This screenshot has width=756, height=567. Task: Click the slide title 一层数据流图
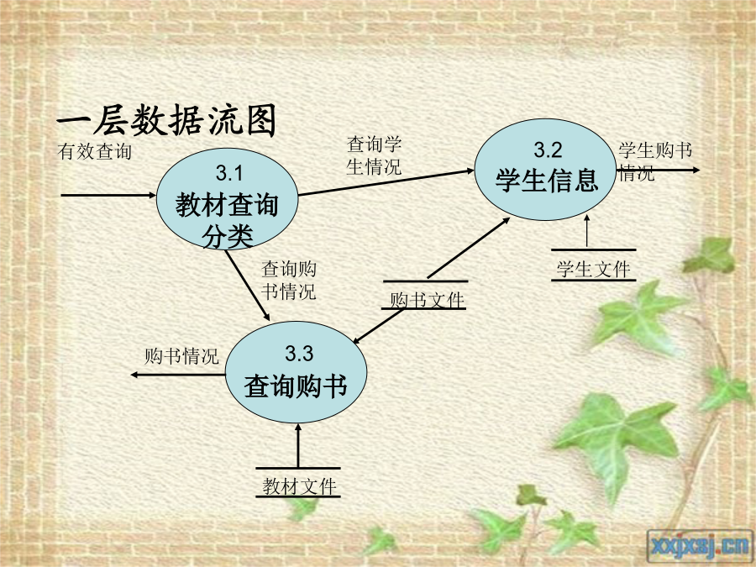click(167, 120)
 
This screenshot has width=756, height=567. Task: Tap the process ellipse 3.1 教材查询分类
click(227, 198)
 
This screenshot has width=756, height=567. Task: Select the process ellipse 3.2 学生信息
click(545, 170)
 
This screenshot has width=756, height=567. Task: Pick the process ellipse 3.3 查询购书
click(296, 372)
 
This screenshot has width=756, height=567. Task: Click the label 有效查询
click(94, 151)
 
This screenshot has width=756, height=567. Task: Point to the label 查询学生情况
click(374, 155)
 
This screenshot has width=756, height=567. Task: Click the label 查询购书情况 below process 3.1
click(289, 280)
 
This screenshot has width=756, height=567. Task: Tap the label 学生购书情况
click(655, 160)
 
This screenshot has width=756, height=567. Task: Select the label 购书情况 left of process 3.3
click(181, 356)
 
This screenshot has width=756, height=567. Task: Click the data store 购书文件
click(425, 295)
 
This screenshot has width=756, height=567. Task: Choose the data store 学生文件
click(594, 265)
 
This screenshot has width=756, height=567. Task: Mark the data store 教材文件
click(298, 482)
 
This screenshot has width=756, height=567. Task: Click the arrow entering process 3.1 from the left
click(108, 195)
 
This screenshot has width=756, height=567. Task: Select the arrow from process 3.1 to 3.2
click(386, 182)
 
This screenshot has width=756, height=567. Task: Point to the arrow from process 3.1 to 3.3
click(247, 286)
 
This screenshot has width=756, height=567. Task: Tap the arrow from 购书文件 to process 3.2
click(469, 248)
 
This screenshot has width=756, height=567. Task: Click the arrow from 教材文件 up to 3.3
click(298, 445)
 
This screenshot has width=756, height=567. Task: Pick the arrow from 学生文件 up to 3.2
click(587, 232)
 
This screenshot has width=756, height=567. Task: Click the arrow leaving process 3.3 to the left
click(178, 375)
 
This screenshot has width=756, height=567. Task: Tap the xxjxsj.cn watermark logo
click(701, 547)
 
